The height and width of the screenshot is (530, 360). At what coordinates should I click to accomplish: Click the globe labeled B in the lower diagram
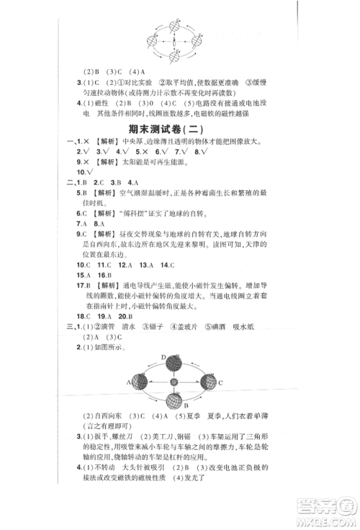coord(174,400)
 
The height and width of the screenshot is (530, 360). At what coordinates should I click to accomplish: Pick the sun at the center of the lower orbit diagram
coord(174,382)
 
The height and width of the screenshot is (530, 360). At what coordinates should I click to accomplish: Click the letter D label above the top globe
coord(163,356)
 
